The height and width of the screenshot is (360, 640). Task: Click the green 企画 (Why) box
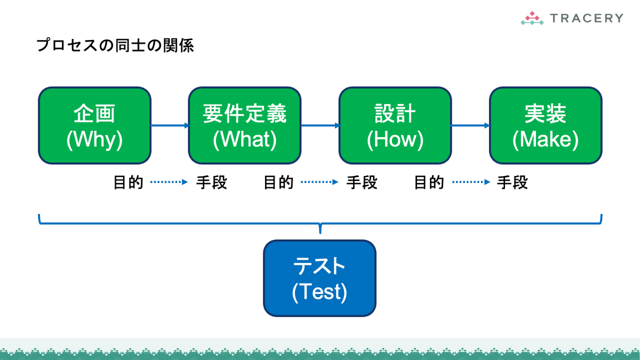tap(94, 125)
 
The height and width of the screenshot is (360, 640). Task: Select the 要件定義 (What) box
tap(245, 125)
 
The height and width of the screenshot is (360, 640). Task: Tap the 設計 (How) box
tap(395, 125)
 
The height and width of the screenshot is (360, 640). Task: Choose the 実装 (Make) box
tap(546, 125)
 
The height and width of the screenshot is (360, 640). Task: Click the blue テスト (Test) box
tap(319, 278)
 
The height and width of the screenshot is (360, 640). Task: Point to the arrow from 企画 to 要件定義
tap(170, 125)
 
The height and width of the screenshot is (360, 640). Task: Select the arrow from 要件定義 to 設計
tap(320, 125)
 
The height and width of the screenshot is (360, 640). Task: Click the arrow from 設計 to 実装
tap(470, 125)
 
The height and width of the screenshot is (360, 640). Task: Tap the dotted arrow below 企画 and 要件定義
tap(169, 182)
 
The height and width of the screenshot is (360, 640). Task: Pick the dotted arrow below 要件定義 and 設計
tap(319, 182)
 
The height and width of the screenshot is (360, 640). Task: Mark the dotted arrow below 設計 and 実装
tap(471, 182)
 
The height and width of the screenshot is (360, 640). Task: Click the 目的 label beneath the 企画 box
tap(129, 182)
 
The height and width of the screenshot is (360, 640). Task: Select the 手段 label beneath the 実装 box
tap(513, 182)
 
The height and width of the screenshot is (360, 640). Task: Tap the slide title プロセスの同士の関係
tap(115, 45)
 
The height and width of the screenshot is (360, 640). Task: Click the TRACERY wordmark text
tap(587, 18)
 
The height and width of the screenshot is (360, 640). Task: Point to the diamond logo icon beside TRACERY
tap(532, 18)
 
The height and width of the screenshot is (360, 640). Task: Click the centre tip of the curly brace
tap(321, 233)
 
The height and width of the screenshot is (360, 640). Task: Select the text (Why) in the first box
tap(94, 140)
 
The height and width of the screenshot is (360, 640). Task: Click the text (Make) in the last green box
tap(546, 140)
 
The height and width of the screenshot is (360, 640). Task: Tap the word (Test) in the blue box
tap(319, 292)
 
